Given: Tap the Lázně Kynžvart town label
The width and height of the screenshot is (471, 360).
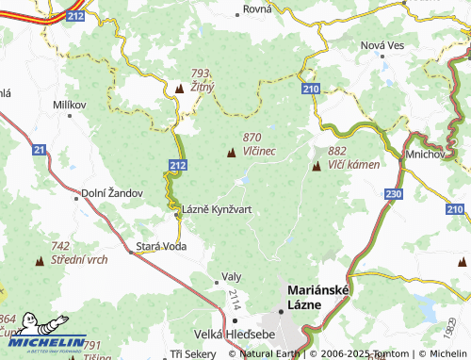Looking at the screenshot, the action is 216,209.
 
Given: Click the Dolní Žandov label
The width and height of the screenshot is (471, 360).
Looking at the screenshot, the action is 111,192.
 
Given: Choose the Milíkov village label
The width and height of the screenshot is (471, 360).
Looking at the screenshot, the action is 70,104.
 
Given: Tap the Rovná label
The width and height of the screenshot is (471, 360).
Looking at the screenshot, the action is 257,8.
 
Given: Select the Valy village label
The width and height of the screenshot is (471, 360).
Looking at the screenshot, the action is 231,277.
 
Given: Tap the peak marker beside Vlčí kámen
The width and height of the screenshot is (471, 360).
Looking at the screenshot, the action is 317,167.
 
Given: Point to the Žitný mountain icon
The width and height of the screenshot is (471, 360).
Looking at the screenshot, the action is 180,89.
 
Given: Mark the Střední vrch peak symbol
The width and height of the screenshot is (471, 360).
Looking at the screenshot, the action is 40,259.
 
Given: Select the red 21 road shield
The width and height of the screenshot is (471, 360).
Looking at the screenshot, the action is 39,149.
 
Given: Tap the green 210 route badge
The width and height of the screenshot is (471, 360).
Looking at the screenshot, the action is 312,88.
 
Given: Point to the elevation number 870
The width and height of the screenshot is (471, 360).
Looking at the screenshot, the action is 252,137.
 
